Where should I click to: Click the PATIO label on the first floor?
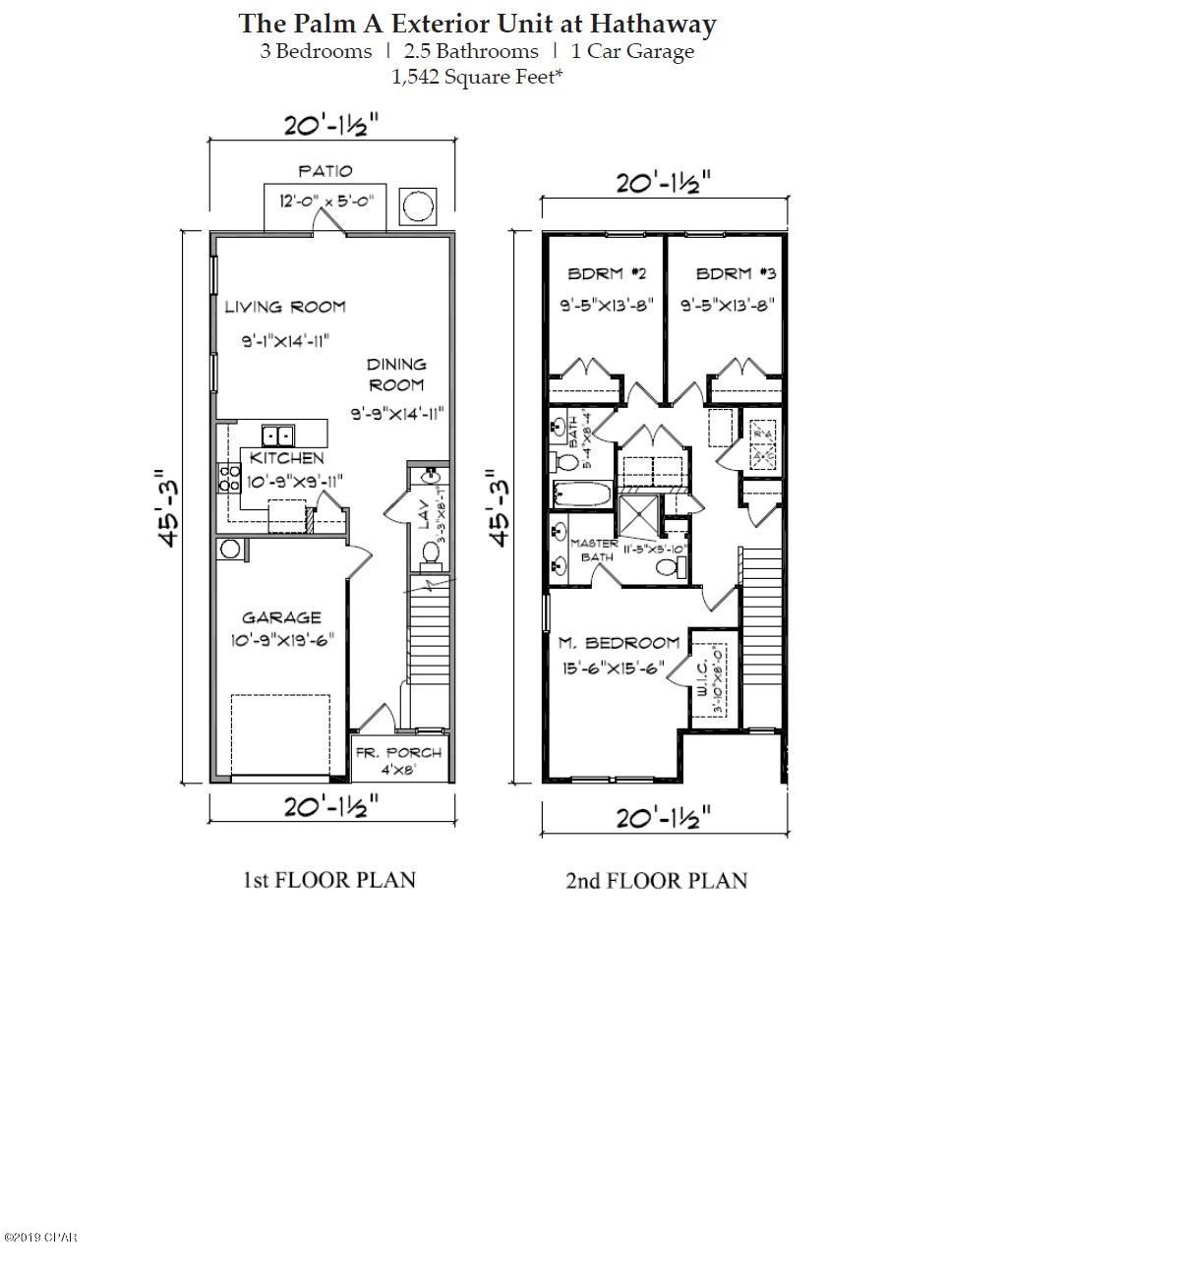(x=325, y=171)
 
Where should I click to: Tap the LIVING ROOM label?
(x=285, y=307)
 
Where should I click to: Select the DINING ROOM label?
(x=396, y=375)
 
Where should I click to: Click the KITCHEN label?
(x=286, y=458)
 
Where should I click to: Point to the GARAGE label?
(x=281, y=617)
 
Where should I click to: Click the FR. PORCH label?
(x=398, y=753)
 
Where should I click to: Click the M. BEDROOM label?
(x=619, y=643)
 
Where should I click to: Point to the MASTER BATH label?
(x=594, y=550)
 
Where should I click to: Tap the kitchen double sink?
(x=277, y=435)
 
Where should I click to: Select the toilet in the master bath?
(x=668, y=568)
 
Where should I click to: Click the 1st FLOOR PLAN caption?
(x=329, y=880)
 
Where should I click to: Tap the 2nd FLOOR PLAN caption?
(x=656, y=881)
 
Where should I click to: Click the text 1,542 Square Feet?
(x=477, y=78)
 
